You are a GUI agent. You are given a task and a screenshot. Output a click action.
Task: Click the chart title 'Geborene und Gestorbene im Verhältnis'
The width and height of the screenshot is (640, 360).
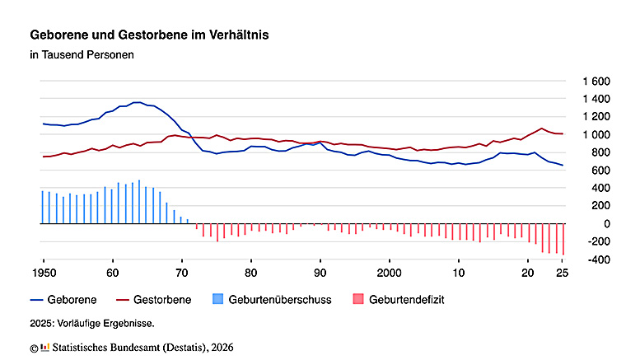(x=149, y=35)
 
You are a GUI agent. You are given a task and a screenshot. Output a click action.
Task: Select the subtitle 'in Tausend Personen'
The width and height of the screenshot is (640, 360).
(x=82, y=54)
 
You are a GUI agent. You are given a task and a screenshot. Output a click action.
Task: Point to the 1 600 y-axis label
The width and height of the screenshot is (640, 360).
(x=596, y=82)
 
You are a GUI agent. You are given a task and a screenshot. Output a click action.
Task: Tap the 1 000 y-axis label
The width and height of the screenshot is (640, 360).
(x=596, y=135)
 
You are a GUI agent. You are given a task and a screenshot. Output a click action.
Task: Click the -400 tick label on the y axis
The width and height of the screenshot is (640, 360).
(x=599, y=259)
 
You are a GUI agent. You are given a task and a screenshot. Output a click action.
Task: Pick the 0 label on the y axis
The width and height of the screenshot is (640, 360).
(x=607, y=224)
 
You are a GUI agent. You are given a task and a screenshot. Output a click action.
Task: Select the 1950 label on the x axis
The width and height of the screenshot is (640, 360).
(x=44, y=273)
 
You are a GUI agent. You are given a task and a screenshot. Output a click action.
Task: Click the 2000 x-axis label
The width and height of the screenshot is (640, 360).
(x=390, y=273)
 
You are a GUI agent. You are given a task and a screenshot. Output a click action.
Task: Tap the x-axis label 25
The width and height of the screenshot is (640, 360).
(x=562, y=273)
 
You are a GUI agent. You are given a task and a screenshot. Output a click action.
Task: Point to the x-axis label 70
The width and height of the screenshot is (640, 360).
(x=182, y=273)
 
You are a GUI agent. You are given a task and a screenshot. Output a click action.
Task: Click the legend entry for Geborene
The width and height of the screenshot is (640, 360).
(x=63, y=300)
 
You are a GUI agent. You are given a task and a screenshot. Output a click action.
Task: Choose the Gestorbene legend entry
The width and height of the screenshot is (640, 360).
(x=154, y=300)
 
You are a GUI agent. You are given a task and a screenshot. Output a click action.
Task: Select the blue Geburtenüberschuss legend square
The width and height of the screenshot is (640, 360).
(x=218, y=299)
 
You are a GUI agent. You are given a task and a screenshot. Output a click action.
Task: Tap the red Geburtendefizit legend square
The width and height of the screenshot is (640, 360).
(x=358, y=299)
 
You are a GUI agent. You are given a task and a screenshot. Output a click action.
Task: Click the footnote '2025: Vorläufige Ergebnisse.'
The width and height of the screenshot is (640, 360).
(x=92, y=324)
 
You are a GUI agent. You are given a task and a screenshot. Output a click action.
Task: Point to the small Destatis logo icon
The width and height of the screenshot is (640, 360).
(x=45, y=348)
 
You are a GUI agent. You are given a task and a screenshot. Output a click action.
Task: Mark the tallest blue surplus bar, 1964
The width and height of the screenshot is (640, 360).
(x=139, y=202)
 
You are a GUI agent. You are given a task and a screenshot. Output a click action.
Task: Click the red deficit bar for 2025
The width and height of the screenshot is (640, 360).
(x=563, y=239)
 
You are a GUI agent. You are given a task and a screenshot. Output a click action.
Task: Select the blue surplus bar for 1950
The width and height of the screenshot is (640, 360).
(x=43, y=208)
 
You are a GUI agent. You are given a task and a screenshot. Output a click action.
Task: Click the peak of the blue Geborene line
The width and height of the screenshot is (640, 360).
(x=138, y=102)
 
